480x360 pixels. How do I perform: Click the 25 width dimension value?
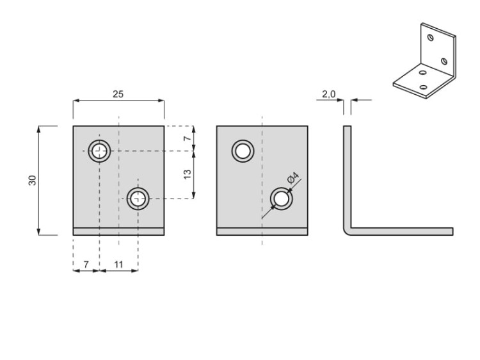click(x=118, y=94)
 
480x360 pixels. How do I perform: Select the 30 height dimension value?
click(x=32, y=180)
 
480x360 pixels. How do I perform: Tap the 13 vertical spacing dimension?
click(x=188, y=174)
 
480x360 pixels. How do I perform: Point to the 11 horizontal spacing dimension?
click(x=119, y=263)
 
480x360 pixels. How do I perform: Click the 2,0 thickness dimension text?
click(x=328, y=94)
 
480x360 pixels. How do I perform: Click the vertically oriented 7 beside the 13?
click(x=188, y=138)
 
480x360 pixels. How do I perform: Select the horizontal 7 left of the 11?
click(x=86, y=263)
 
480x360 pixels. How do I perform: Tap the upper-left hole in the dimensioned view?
click(x=99, y=151)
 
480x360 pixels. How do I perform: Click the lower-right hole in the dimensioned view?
click(x=138, y=199)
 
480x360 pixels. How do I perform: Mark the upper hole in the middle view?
click(x=243, y=151)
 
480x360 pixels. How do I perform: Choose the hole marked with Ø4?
click(x=281, y=199)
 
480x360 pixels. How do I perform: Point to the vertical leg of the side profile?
click(x=348, y=173)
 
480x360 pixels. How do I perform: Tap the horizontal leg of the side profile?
click(x=403, y=231)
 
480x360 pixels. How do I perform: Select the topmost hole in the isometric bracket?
click(x=431, y=38)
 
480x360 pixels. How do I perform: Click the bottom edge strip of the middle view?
click(x=262, y=232)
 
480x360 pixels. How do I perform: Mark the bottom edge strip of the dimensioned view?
click(x=118, y=232)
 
